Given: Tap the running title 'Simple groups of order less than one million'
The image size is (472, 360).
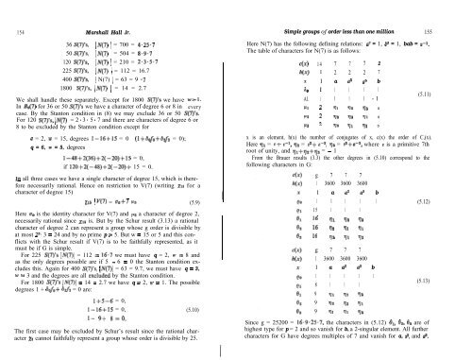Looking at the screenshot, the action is click(357, 9).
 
